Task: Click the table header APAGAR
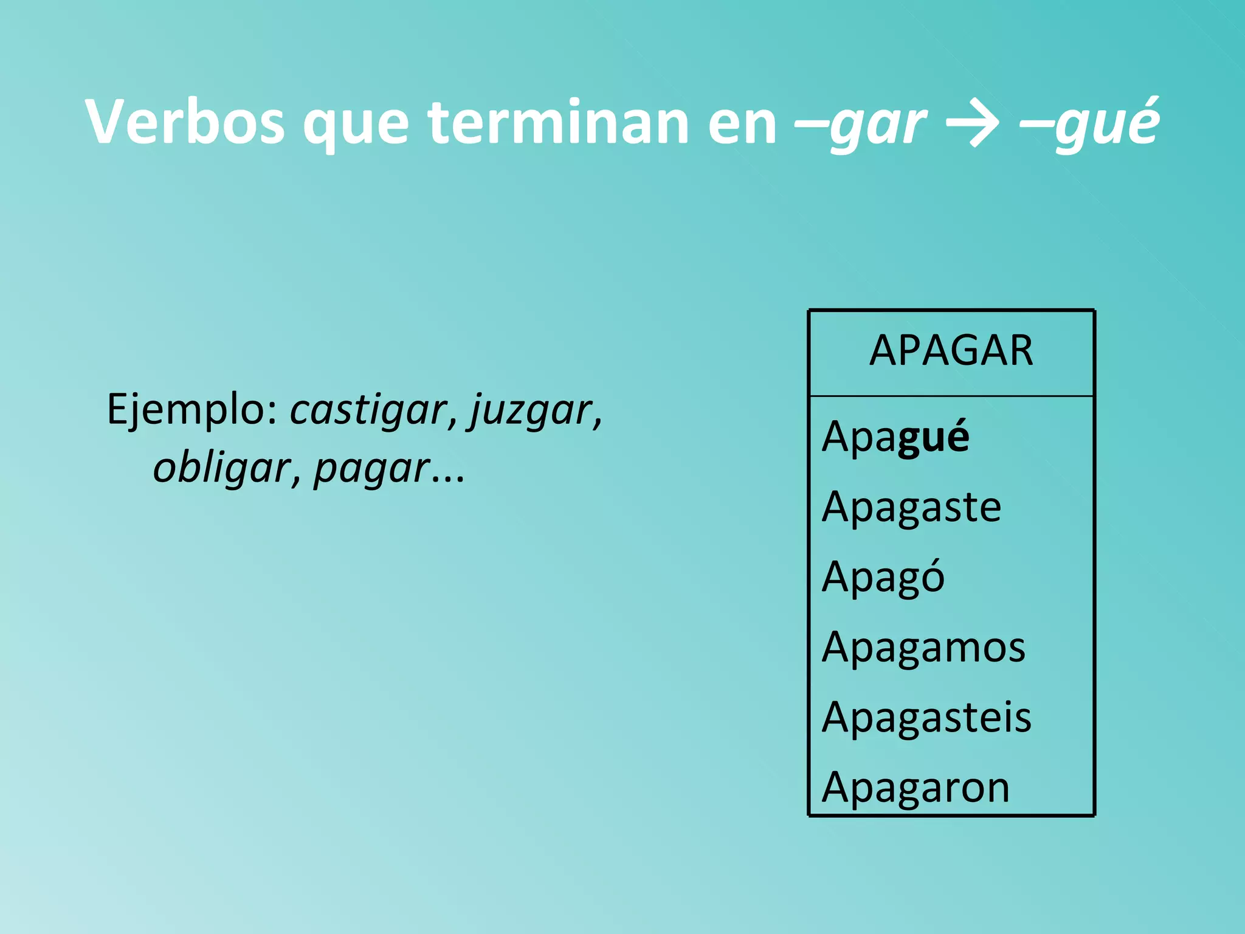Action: [x=951, y=351]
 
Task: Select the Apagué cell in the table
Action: [x=895, y=437]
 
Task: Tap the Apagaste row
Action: [x=911, y=507]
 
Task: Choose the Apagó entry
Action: [x=883, y=576]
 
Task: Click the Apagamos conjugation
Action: [x=923, y=646]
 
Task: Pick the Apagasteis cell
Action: [x=926, y=717]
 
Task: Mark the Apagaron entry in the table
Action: [x=916, y=787]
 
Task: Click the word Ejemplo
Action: [x=192, y=410]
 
